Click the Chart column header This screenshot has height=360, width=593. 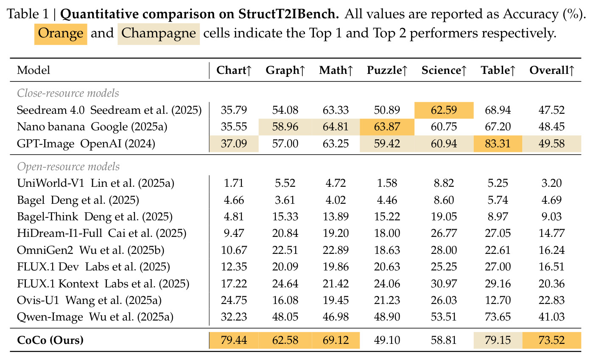pos(234,70)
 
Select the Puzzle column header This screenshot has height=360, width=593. pos(387,70)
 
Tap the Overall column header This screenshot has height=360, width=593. pos(552,70)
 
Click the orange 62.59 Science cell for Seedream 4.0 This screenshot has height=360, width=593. pos(444,110)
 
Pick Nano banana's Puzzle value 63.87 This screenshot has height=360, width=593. pos(387,127)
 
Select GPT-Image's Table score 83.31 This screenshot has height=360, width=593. pos(498,143)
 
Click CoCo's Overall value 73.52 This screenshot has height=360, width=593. pos(552,340)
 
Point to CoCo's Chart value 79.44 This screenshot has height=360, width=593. pos(234,340)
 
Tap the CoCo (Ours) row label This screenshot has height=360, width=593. pos(50,340)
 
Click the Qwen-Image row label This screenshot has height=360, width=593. pos(95,317)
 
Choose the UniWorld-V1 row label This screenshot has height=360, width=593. pos(95,183)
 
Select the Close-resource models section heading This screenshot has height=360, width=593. pos(68,93)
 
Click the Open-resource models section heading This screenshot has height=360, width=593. pos(68,166)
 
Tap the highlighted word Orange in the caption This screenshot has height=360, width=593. pos(61,34)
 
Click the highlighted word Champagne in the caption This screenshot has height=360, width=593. pos(159,34)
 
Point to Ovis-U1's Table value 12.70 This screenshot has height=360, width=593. pos(498,300)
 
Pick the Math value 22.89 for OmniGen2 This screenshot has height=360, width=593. pos(336,250)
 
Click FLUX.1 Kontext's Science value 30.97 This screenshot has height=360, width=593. pos(444,284)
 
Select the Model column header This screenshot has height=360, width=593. pos(34,70)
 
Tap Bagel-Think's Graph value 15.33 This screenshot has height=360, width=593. pos(285,217)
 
